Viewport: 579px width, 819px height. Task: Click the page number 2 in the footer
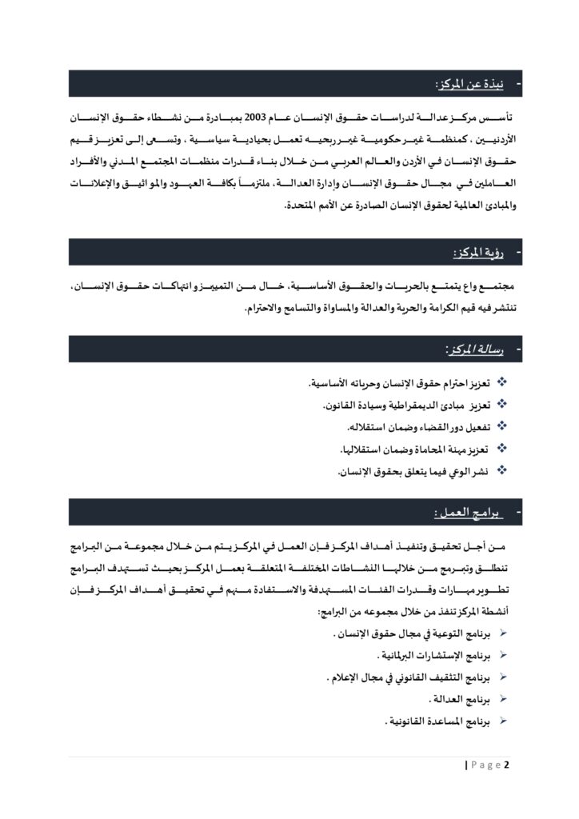pyautogui.click(x=506, y=765)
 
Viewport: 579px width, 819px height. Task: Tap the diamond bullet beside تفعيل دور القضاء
pyautogui.click(x=502, y=426)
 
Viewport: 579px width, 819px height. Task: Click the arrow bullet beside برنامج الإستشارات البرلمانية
pyautogui.click(x=503, y=655)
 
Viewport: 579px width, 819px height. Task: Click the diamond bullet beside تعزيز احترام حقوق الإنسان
pyautogui.click(x=502, y=383)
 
